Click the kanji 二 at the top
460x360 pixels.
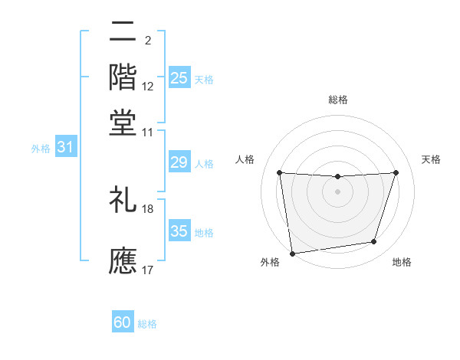coord(123,32)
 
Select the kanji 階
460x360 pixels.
coord(123,77)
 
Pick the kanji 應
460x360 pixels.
coord(123,260)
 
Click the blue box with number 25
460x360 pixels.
coord(179,78)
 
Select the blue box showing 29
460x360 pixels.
coord(179,162)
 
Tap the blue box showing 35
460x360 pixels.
coord(179,231)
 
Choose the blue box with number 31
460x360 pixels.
coord(65,148)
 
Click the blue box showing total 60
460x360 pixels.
coord(123,323)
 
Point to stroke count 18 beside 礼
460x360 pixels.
coord(148,208)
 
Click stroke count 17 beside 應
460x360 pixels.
coord(148,270)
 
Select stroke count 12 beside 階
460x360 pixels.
coord(148,87)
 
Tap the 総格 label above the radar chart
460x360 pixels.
coord(338,100)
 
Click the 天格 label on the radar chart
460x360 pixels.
coord(431,159)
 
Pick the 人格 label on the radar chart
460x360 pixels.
coord(245,159)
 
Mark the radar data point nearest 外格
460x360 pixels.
coord(292,253)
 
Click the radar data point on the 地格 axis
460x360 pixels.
coord(374,242)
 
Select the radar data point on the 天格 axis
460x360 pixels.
coord(396,172)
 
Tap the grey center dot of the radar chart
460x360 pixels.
coord(338,191)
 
